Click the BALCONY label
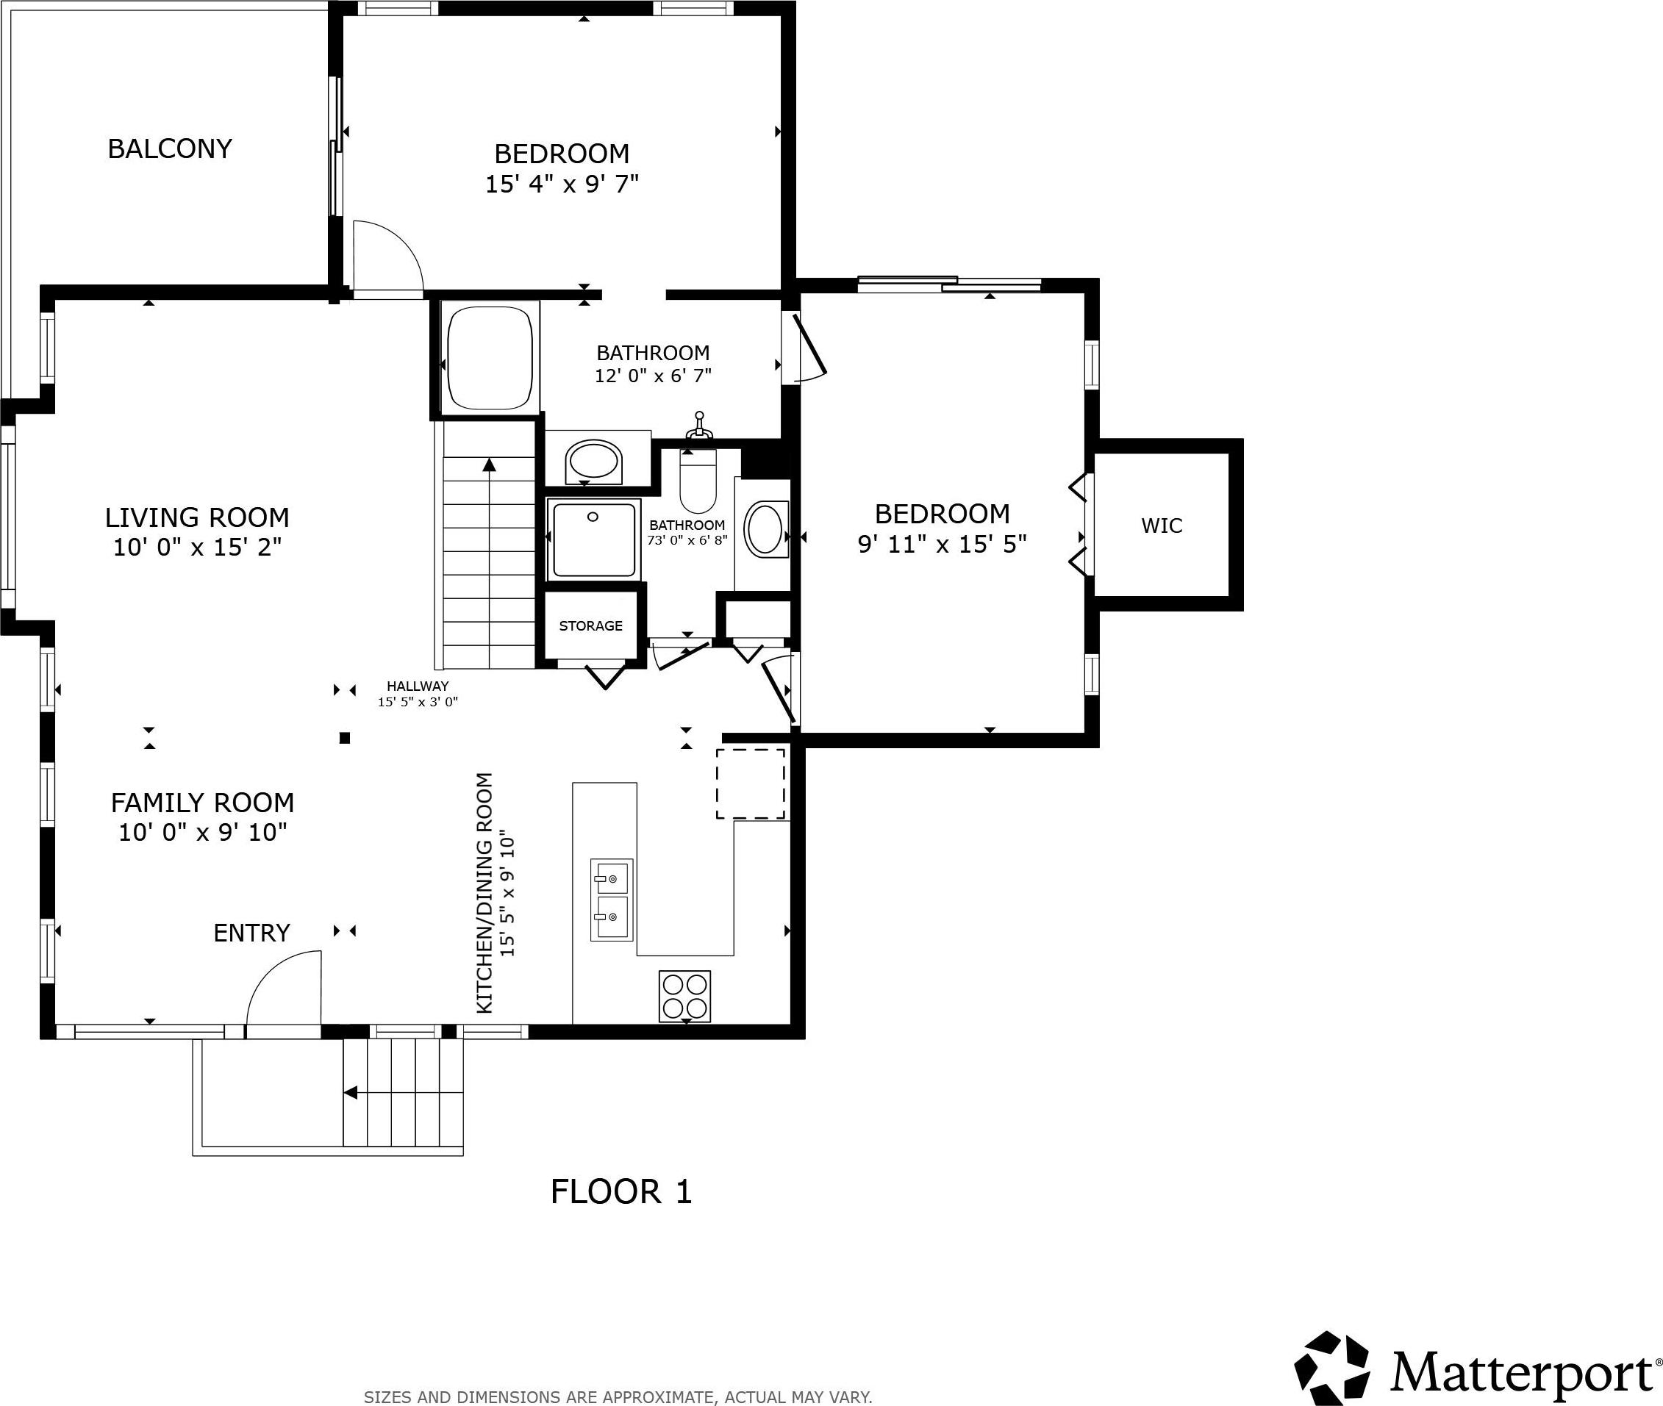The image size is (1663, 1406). [x=170, y=148]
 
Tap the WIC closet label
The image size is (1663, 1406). [x=1162, y=526]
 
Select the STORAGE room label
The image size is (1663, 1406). [x=591, y=625]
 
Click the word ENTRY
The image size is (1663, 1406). [x=252, y=933]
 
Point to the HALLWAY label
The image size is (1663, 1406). [x=418, y=686]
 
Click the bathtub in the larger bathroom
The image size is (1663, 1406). [x=490, y=358]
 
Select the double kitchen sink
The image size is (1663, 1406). [x=612, y=900]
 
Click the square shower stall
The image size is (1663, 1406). [x=593, y=539]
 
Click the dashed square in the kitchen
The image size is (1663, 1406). [x=750, y=783]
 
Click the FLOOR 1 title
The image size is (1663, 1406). [x=621, y=1191]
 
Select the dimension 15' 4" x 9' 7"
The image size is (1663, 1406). [x=562, y=184]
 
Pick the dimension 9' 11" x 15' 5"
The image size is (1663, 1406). [x=943, y=544]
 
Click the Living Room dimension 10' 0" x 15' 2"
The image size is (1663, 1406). [x=197, y=547]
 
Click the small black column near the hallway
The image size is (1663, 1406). [x=346, y=738]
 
